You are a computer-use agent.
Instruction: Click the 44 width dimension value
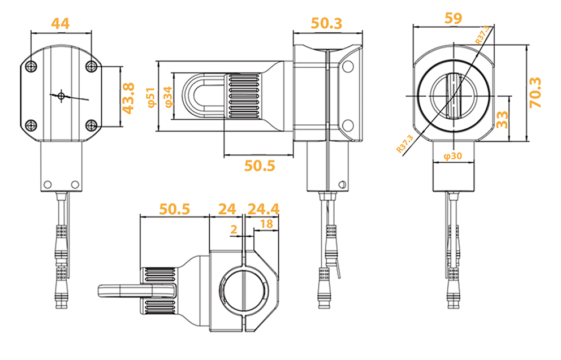(60, 24)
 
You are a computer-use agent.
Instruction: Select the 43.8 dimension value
(129, 97)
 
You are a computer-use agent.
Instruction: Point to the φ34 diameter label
(168, 97)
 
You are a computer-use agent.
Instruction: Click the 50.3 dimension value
(326, 24)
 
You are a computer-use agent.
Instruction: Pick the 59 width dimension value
(453, 18)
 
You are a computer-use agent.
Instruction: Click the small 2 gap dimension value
(234, 228)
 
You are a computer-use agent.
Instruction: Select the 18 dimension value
(266, 224)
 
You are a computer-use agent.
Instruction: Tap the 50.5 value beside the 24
(174, 209)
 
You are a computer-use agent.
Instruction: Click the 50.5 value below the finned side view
(259, 166)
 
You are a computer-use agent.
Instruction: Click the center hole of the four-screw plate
(61, 95)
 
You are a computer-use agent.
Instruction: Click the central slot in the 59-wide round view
(454, 96)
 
